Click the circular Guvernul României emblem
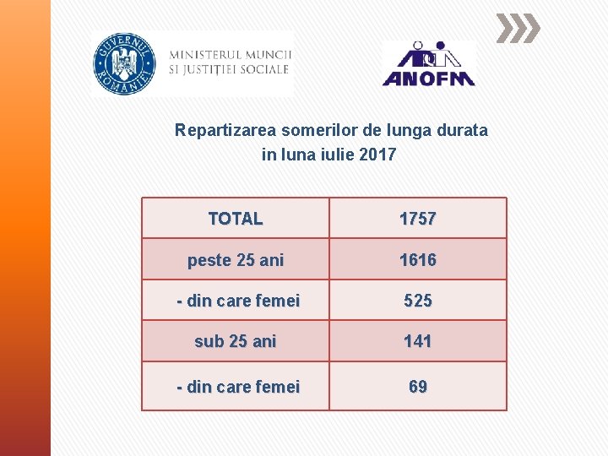(124, 63)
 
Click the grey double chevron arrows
(517, 29)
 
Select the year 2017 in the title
(377, 155)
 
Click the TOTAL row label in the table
(236, 219)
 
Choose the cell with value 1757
(418, 219)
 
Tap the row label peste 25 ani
(236, 260)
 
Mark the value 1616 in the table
(418, 260)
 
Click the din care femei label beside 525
(238, 301)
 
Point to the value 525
(418, 301)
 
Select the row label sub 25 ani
(236, 341)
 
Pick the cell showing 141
(418, 341)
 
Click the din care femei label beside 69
(238, 387)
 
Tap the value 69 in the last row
(418, 387)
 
